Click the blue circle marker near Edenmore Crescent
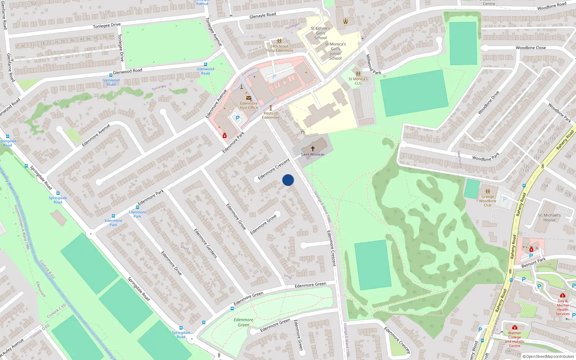pyautogui.click(x=288, y=180)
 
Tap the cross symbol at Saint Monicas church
pyautogui.click(x=313, y=148)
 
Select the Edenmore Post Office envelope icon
pyautogui.click(x=249, y=98)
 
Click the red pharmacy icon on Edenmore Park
pyautogui.click(x=225, y=135)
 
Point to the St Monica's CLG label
pyautogui.click(x=358, y=81)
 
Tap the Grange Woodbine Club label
pyautogui.click(x=487, y=201)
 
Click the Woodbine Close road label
pyautogui.click(x=531, y=48)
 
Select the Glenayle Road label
pyautogui.click(x=262, y=15)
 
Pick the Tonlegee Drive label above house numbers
pyautogui.click(x=107, y=26)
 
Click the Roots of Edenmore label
pyautogui.click(x=270, y=115)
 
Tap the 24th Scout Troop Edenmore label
pyautogui.click(x=279, y=48)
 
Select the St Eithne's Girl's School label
pyautogui.click(x=320, y=33)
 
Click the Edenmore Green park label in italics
pyautogui.click(x=243, y=322)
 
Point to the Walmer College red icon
pyautogui.click(x=515, y=327)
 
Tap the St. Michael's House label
pyautogui.click(x=549, y=217)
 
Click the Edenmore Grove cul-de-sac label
pyautogui.click(x=264, y=224)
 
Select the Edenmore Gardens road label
pyautogui.click(x=206, y=243)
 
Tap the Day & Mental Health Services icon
pyautogui.click(x=562, y=295)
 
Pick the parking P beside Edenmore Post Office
pyautogui.click(x=237, y=118)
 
